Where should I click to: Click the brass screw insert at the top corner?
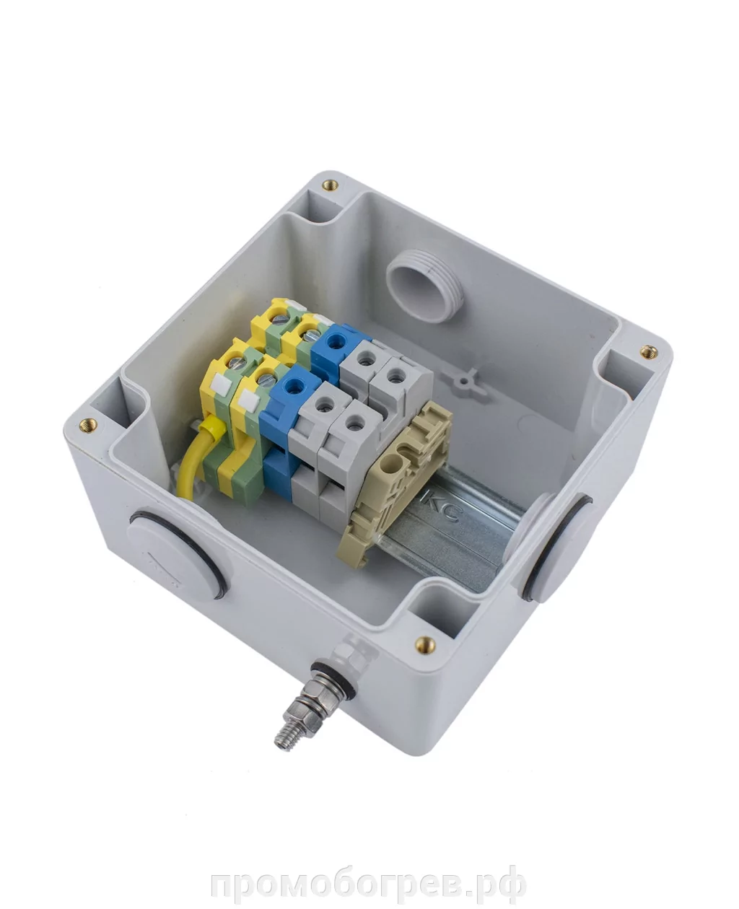point(330,185)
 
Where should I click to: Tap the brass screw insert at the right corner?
point(648,351)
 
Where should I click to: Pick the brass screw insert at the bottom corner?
point(425,644)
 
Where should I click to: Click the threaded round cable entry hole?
point(425,285)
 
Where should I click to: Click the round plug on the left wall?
point(176,551)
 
